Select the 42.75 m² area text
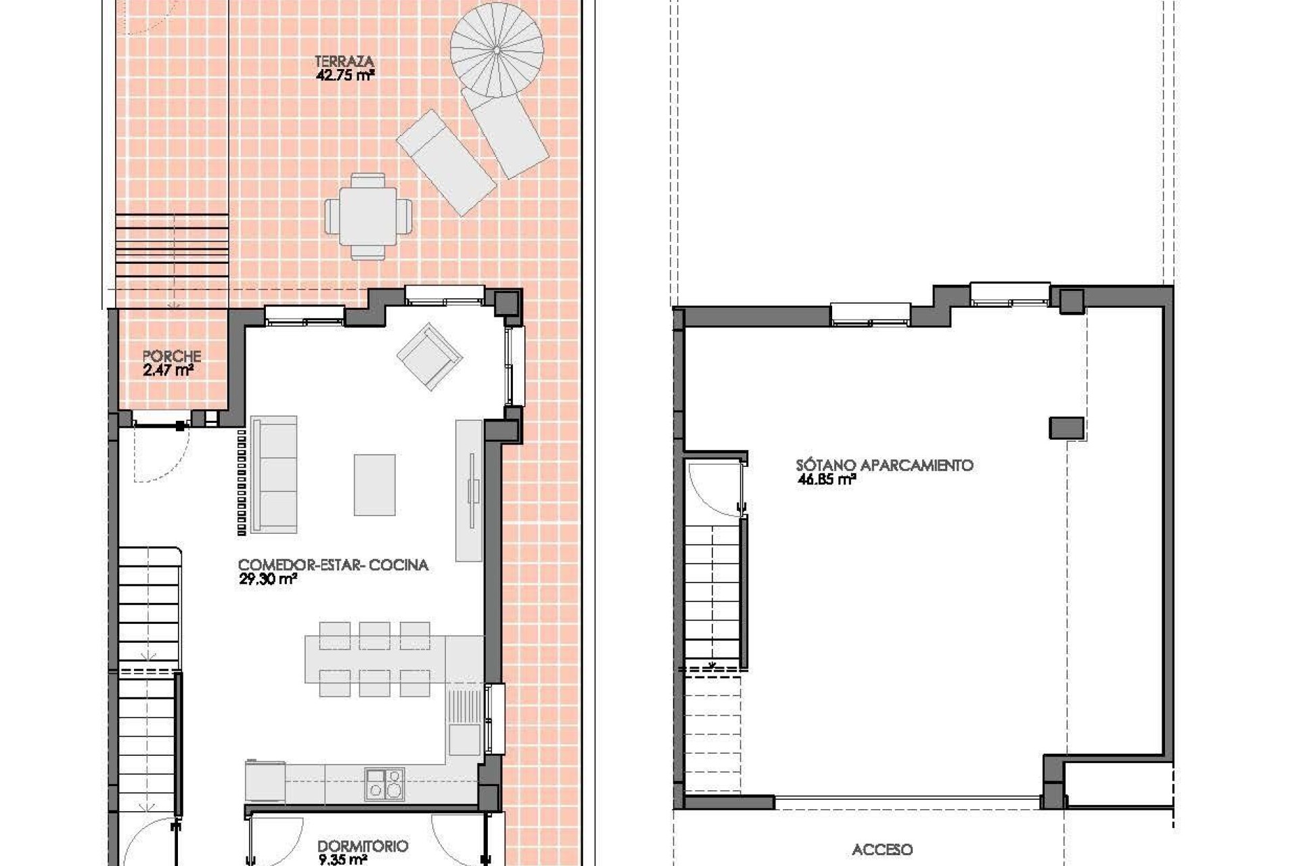point(344,76)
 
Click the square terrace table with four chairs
point(368,216)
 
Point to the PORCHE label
point(172,356)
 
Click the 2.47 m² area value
point(168,370)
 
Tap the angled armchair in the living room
point(430,356)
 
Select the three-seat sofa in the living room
point(274,474)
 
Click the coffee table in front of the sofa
point(374,484)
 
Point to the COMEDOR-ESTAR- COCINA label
point(333,565)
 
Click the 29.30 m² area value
point(268,579)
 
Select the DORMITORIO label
point(363,846)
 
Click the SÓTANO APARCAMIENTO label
point(884,465)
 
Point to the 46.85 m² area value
point(826,480)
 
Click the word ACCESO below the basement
point(882,850)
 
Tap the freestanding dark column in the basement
point(1066,428)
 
